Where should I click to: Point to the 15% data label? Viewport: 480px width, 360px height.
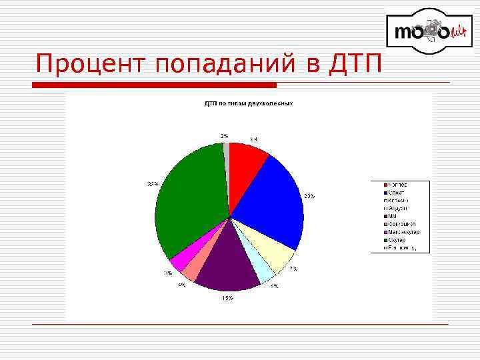point(227,298)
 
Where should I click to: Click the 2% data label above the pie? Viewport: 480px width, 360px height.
point(225,135)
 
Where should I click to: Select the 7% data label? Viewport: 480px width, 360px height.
point(293,269)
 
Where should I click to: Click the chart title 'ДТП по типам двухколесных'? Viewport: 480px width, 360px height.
point(248,103)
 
